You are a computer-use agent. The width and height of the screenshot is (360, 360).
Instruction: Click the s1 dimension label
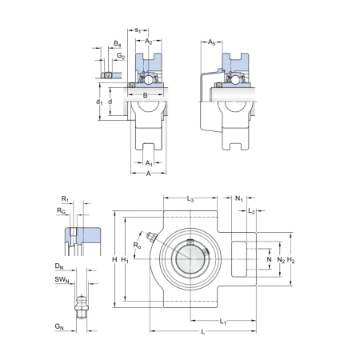coord(138,30)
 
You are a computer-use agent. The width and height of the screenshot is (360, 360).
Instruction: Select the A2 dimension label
coord(148,42)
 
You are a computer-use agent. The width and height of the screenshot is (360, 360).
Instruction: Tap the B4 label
coord(118,44)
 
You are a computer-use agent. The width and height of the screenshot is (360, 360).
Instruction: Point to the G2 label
coord(121,56)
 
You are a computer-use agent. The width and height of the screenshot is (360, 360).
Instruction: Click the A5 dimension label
coord(211,42)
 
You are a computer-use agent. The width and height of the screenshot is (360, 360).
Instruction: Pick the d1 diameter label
coord(99,102)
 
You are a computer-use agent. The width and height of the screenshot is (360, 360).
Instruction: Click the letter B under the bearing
coord(146,95)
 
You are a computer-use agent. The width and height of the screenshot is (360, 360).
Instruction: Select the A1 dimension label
coord(149,163)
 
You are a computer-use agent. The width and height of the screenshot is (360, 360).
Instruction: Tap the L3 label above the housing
coord(190,199)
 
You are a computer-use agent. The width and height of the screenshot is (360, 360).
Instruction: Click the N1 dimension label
coord(239,198)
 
